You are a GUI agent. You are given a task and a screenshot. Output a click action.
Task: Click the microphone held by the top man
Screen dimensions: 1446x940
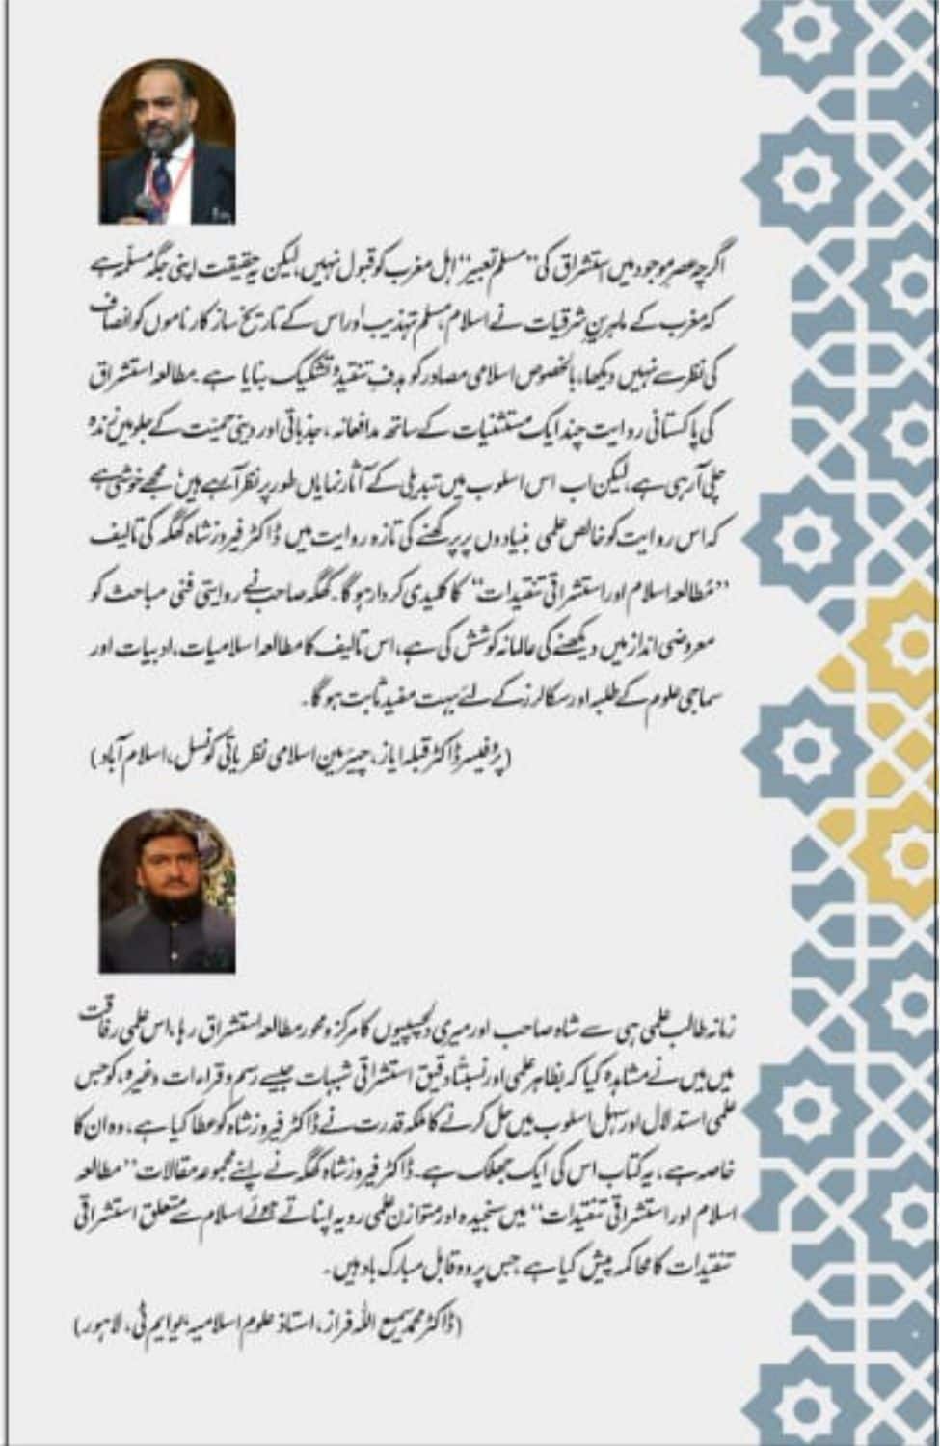[143, 203]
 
